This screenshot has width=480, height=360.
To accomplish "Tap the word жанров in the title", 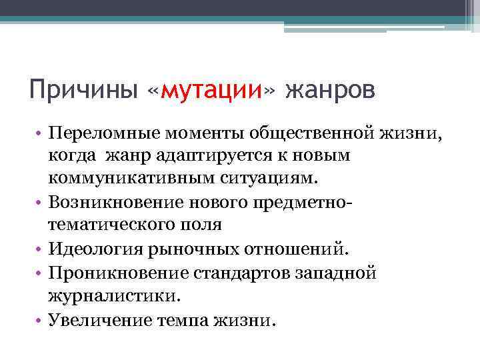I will tap(330, 90).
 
